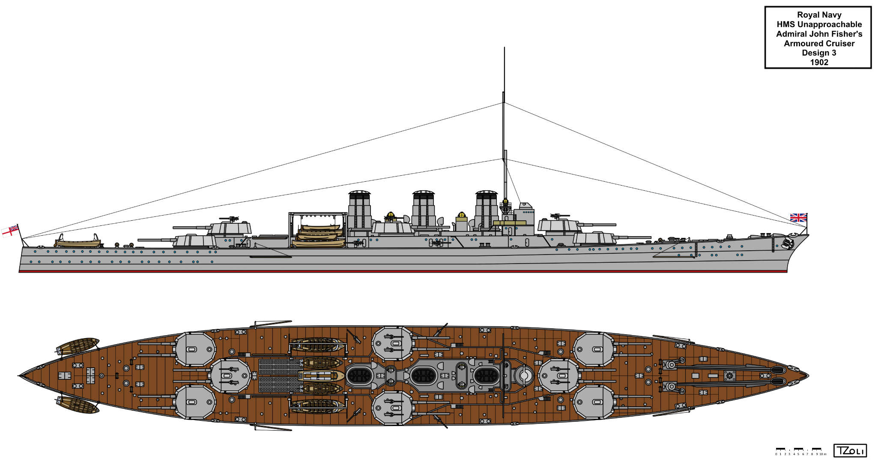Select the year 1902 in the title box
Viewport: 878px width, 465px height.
819,62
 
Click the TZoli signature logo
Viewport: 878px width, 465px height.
850,451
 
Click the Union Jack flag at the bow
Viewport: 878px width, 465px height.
798,218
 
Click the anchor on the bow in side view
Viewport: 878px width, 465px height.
788,244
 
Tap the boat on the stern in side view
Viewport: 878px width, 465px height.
78,242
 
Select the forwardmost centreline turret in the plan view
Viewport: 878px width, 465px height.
559,376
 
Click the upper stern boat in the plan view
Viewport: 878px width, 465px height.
78,345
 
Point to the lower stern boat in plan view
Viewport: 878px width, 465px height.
78,405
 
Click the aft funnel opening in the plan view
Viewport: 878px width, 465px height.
359,376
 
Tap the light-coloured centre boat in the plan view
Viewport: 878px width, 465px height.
321,376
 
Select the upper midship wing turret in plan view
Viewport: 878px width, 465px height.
392,343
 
